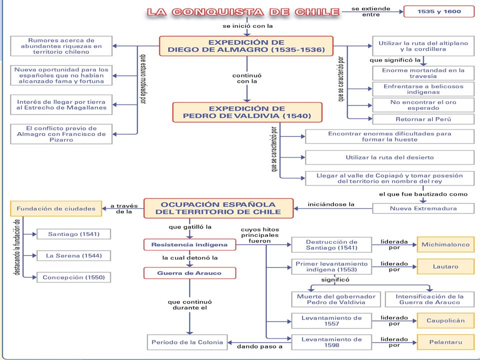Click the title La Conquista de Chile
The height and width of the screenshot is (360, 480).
coord(243,12)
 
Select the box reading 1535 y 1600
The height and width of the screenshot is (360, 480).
coord(439,11)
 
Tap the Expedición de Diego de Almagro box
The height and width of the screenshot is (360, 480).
coord(246,46)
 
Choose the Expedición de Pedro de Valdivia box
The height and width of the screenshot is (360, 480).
coord(247,112)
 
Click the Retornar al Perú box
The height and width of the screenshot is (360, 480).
coord(423,119)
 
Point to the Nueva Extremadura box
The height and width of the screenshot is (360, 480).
coord(423,208)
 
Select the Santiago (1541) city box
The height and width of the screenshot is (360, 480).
coord(74,234)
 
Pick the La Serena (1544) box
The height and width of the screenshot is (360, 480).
coord(74,255)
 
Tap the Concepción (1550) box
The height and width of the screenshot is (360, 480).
coord(74,277)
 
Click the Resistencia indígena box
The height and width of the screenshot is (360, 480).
coord(190,244)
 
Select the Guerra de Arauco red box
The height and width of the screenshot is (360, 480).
coord(190,273)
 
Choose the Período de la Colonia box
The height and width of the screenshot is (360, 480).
coord(187,342)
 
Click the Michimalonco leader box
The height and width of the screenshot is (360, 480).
coord(445,244)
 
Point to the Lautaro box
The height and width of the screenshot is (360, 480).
coord(445,266)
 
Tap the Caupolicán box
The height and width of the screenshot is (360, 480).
coord(445,320)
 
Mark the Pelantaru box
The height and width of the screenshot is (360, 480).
coord(445,342)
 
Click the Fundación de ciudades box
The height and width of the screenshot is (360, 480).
coord(56,209)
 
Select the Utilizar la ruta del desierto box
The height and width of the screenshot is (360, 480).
coord(389,157)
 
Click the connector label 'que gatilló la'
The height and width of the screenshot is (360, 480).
coord(190,227)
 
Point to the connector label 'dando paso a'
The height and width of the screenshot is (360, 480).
coord(259,346)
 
